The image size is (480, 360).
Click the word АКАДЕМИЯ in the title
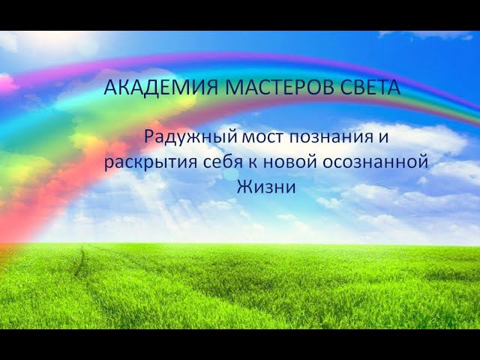click(x=149, y=87)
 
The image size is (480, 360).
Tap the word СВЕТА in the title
click(x=360, y=87)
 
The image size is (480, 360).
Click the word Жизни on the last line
click(x=266, y=187)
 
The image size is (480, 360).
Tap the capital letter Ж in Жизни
click(x=244, y=187)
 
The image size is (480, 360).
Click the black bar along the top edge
click(x=240, y=15)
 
